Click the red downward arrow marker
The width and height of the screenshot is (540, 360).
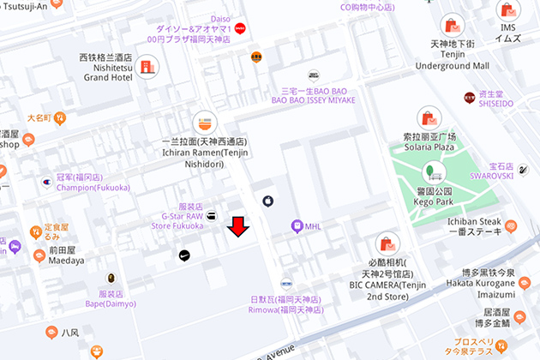point(238,226)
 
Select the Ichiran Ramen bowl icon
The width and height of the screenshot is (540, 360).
point(204,121)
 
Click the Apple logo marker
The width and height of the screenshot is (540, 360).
point(267,201)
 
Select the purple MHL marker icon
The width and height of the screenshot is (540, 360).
point(297,226)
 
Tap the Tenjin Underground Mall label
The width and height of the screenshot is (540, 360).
point(452,66)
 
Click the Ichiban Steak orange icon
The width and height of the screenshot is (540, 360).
point(511,226)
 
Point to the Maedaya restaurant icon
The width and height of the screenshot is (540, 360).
point(39,255)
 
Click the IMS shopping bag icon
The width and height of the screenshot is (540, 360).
point(508,11)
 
